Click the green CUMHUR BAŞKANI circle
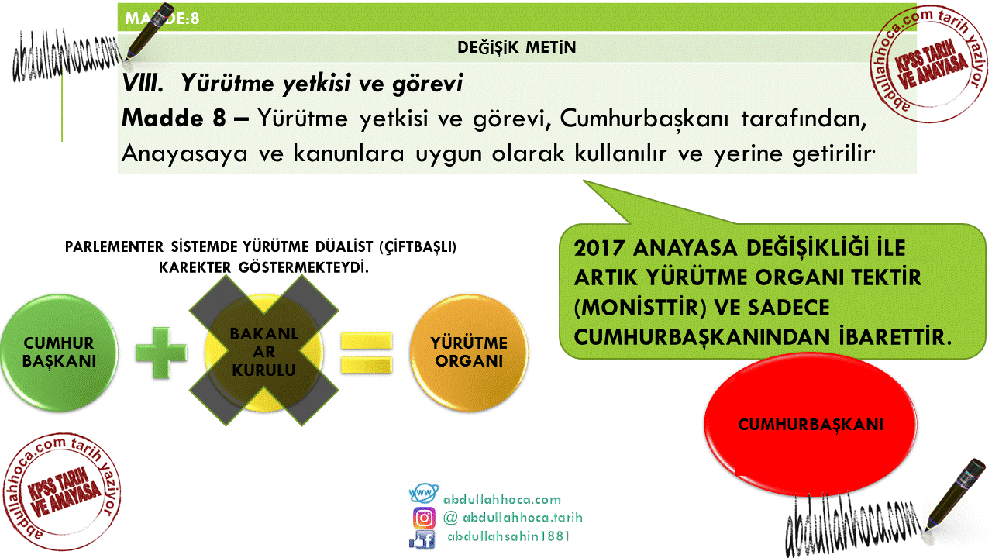pyautogui.click(x=59, y=353)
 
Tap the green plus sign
pyautogui.click(x=160, y=353)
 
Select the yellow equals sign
pyautogui.click(x=367, y=353)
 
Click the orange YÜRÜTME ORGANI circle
pyautogui.click(x=469, y=353)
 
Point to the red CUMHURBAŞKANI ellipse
pyautogui.click(x=811, y=424)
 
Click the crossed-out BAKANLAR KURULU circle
pyautogui.click(x=264, y=351)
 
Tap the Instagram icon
pyautogui.click(x=424, y=518)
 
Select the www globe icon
pyautogui.click(x=423, y=494)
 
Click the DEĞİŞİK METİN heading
pyautogui.click(x=516, y=47)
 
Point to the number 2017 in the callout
pyautogui.click(x=600, y=248)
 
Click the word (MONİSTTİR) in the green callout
pyautogui.click(x=640, y=308)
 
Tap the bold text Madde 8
pyautogui.click(x=174, y=118)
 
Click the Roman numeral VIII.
pyautogui.click(x=143, y=83)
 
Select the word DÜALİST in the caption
pyautogui.click(x=344, y=246)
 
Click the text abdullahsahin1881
pyautogui.click(x=508, y=537)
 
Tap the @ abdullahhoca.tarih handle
pyautogui.click(x=513, y=518)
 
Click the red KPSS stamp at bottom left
pyautogui.click(x=61, y=491)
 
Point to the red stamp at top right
pyautogui.click(x=929, y=64)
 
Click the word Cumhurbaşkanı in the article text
pyautogui.click(x=644, y=119)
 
